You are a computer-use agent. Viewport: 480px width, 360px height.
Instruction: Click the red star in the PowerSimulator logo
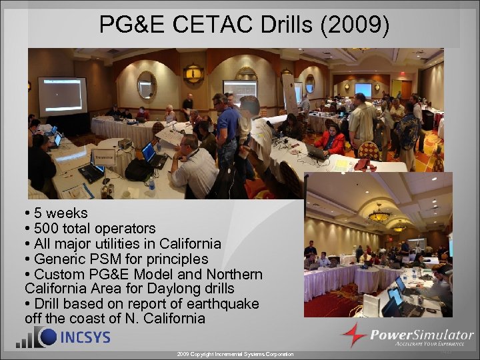354,335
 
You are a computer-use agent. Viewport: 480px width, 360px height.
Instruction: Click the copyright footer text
235,354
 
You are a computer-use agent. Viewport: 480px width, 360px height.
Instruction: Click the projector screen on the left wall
62,96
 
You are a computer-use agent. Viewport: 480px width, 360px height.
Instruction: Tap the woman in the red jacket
331,140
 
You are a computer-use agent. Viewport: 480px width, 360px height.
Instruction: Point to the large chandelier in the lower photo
379,215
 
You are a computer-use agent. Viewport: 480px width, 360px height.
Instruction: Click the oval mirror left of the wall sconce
147,86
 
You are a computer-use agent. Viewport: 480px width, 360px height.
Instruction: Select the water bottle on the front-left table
151,183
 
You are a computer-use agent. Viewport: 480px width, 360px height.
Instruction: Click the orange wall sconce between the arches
193,72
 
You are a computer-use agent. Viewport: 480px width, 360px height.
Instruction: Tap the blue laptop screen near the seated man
148,151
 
